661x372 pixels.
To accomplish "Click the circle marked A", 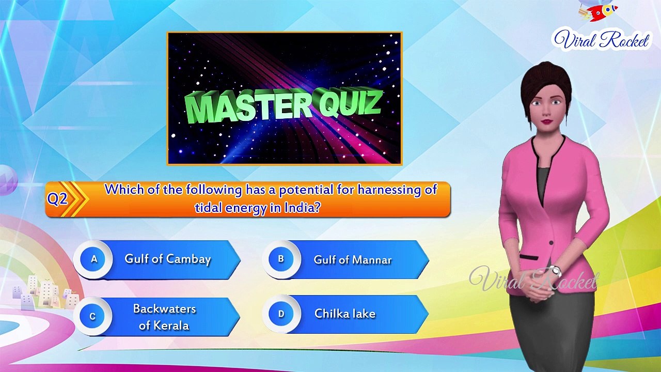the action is point(94,259).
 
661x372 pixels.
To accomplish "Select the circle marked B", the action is point(280,259).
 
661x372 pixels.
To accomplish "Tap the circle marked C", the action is point(92,316).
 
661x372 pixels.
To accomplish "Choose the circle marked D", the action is point(281,314).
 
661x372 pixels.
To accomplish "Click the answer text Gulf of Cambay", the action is point(168,259).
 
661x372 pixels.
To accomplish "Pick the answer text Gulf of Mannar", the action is point(353,260).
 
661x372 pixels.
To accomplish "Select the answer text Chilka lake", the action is point(345,314).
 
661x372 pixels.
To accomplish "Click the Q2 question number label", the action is point(57,199).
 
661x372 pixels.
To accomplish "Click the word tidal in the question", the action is point(208,208).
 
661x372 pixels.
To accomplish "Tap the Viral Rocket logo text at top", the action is point(602,40).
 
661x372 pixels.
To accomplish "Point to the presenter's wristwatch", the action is point(555,270).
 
